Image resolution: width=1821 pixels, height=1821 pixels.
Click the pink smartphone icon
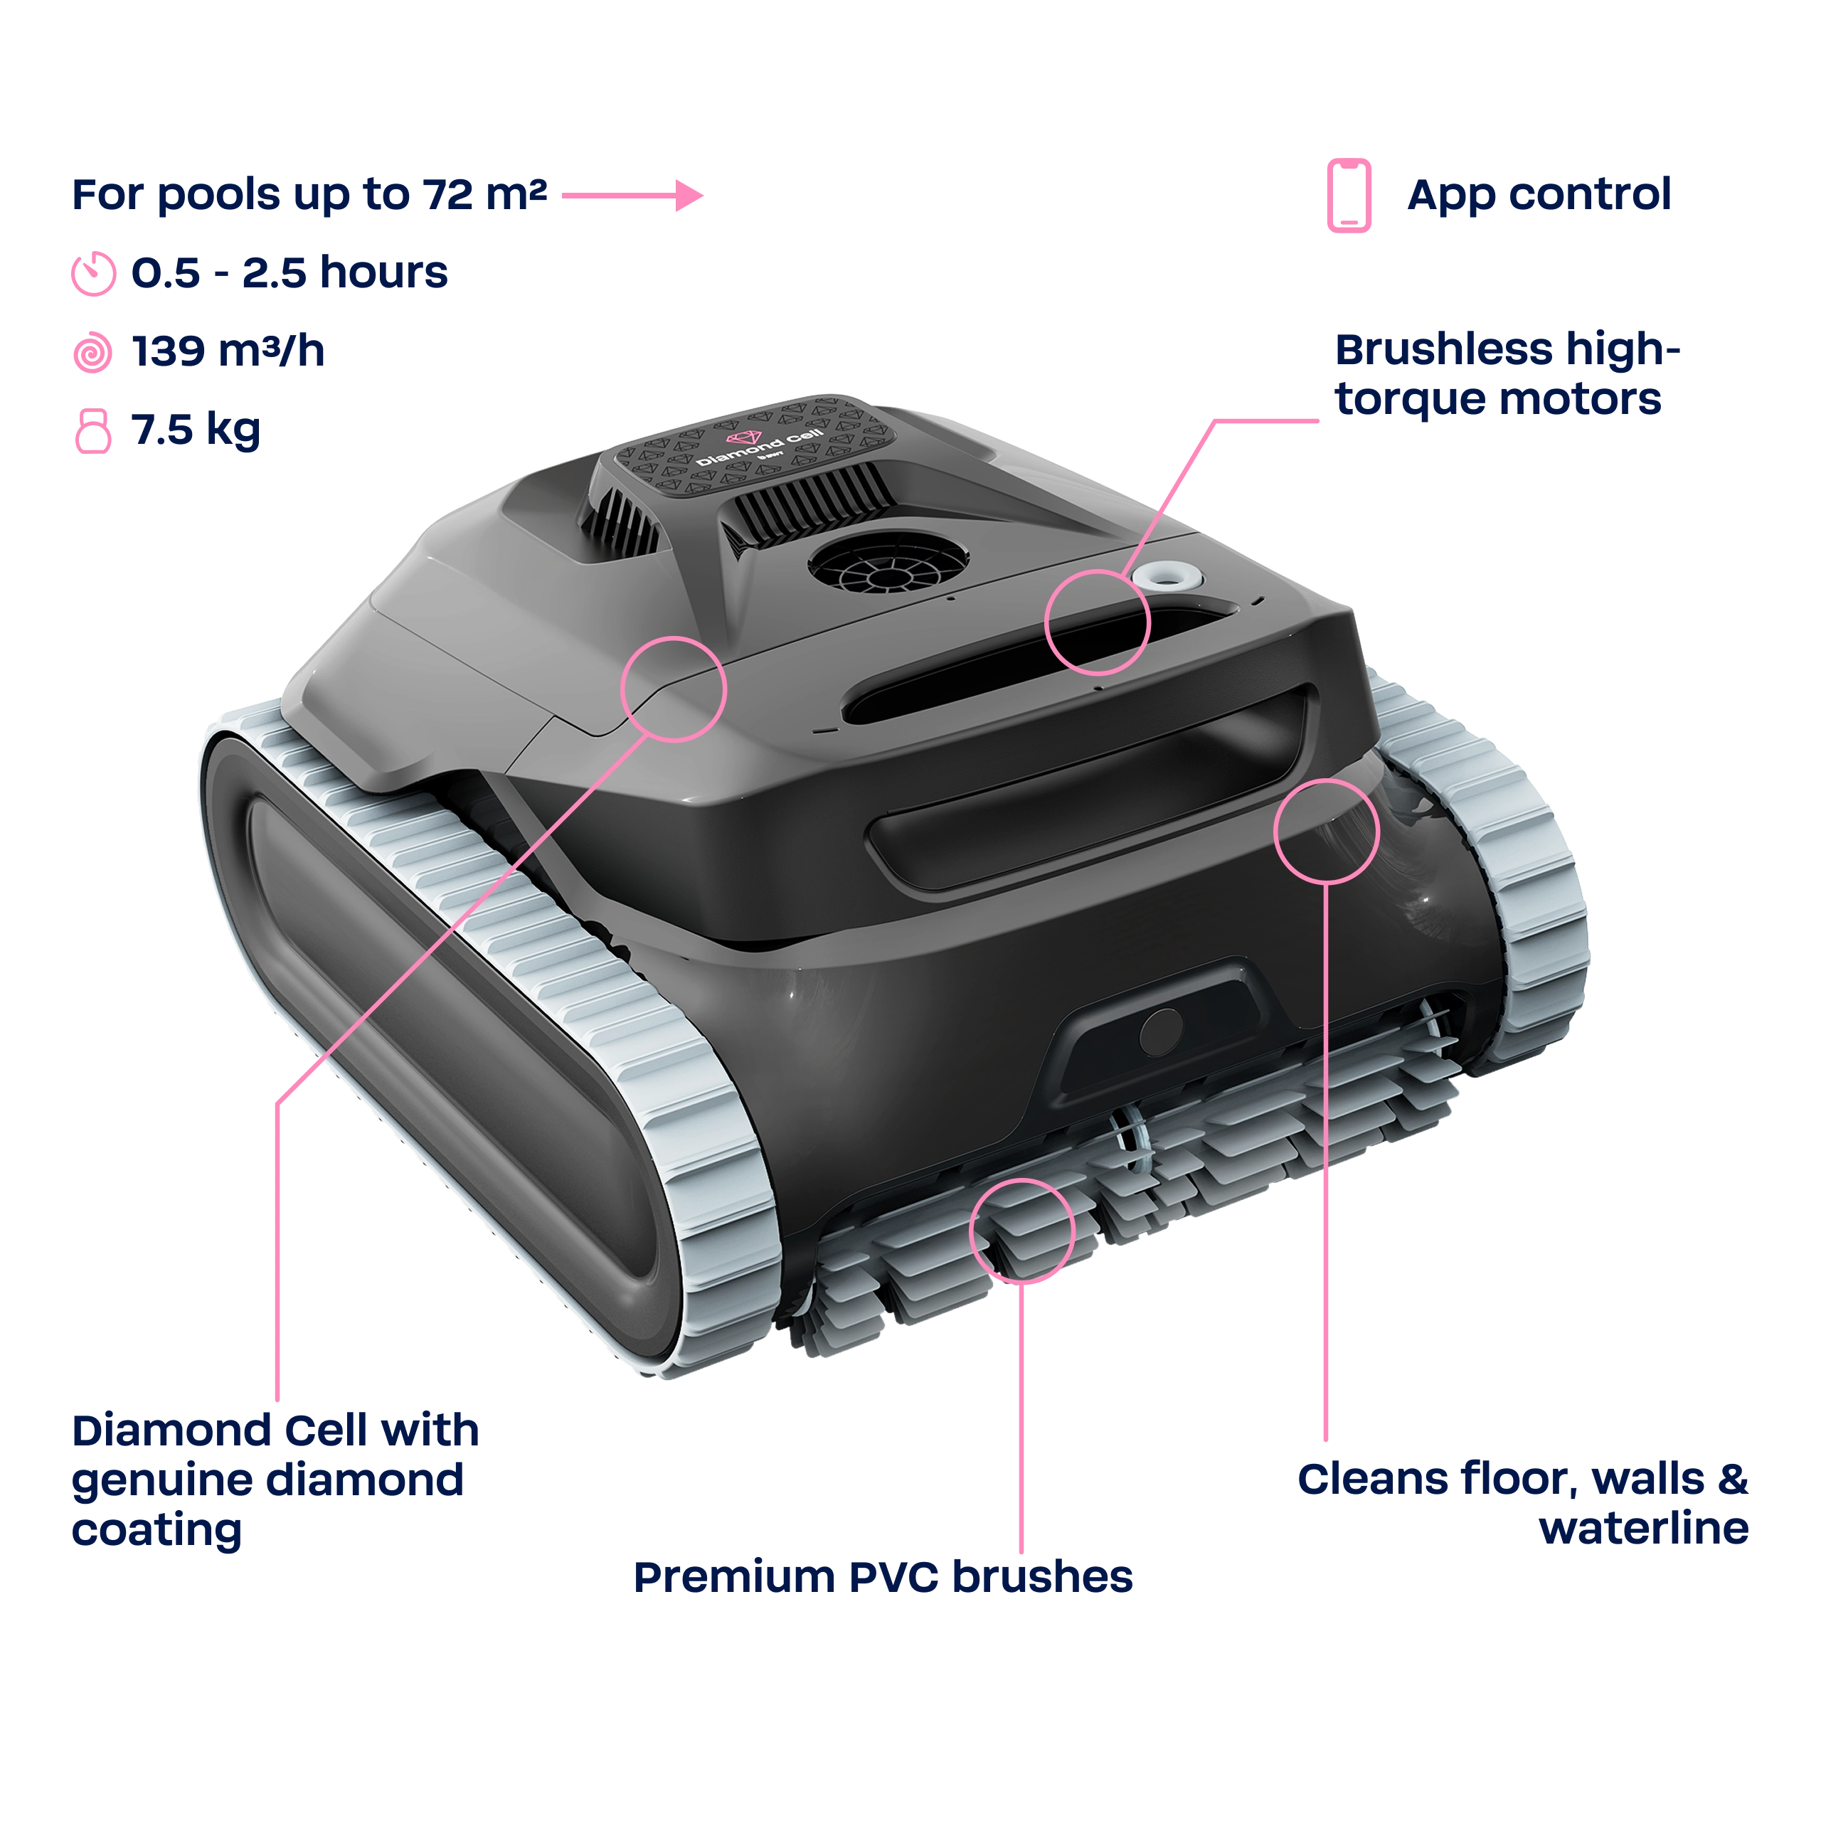pyautogui.click(x=1349, y=195)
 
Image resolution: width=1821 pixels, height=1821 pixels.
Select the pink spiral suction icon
pyautogui.click(x=92, y=353)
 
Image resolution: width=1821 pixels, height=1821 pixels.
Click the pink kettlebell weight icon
pyautogui.click(x=92, y=431)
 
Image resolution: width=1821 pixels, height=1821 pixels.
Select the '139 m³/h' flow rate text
pyautogui.click(x=228, y=351)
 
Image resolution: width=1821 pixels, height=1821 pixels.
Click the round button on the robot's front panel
pyautogui.click(x=1160, y=1032)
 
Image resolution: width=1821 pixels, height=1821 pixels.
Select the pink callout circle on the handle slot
pyautogui.click(x=1097, y=622)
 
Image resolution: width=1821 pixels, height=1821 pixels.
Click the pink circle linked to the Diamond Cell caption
pyautogui.click(x=674, y=689)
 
